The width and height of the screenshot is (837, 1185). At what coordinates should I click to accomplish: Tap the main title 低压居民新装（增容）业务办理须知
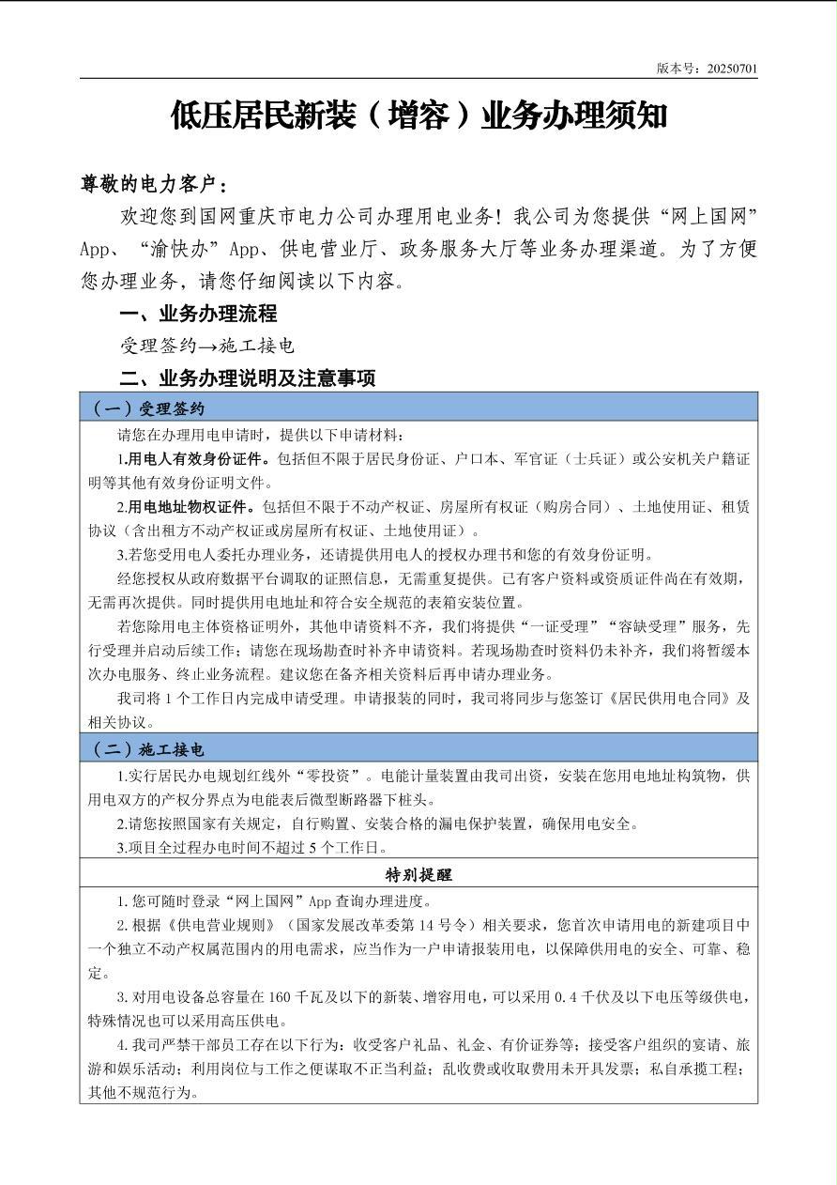pos(418,115)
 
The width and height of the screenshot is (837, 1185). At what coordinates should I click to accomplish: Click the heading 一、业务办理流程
pos(199,314)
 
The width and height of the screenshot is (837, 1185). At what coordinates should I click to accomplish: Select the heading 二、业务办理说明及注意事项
pos(248,378)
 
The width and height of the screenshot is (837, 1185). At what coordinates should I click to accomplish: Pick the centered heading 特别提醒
pos(418,874)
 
